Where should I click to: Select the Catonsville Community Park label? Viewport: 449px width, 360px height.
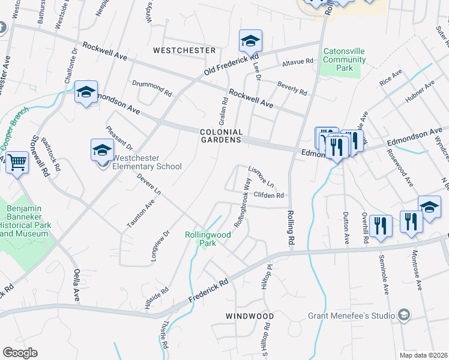[x=345, y=60]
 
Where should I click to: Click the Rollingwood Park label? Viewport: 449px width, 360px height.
[x=207, y=239]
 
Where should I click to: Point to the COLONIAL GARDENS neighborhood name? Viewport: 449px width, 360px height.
[x=221, y=136]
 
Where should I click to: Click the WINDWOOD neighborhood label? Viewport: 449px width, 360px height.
[x=250, y=316]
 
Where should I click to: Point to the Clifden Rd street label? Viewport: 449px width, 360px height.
[x=268, y=195]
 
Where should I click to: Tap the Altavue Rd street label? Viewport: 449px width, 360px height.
[x=298, y=61]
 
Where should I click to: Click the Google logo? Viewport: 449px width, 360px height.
[x=20, y=353]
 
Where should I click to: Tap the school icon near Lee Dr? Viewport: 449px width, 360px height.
[x=250, y=41]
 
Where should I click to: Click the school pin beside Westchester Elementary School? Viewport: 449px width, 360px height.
[x=102, y=150]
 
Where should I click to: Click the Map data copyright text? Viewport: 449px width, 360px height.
[x=424, y=355]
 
